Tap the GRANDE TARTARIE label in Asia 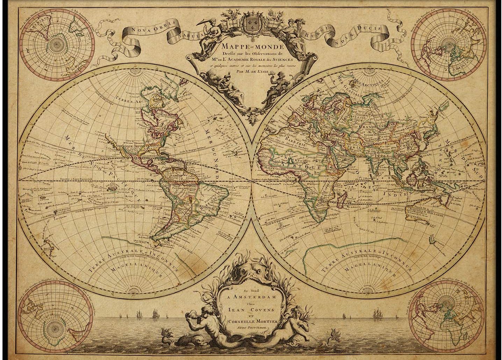384,125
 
